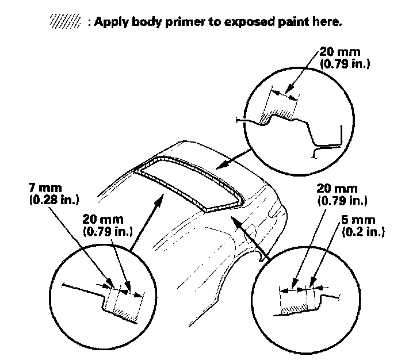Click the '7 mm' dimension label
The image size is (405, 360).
43,189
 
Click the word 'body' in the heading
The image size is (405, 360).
131,23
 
